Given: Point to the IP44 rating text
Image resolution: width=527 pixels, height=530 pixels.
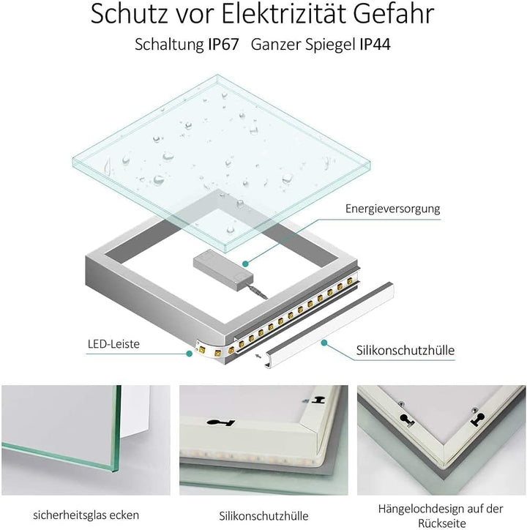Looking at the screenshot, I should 375,45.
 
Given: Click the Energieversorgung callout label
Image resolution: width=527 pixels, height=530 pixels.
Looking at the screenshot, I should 392,209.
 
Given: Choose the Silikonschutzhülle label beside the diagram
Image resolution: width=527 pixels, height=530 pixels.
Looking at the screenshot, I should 405,350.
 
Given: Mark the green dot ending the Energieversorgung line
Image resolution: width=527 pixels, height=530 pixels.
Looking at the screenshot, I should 245,260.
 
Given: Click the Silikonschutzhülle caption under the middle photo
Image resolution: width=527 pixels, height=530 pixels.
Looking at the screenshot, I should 263,515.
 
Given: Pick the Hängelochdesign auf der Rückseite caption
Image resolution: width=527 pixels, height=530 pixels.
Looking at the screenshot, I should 441,514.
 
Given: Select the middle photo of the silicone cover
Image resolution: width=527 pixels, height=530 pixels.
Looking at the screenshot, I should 263,438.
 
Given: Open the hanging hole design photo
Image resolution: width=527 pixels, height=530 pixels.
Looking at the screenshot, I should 441,438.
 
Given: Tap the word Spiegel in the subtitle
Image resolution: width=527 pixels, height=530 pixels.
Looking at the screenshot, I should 328,45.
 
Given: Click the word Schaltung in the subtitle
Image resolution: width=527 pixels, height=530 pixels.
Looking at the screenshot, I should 165,45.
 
